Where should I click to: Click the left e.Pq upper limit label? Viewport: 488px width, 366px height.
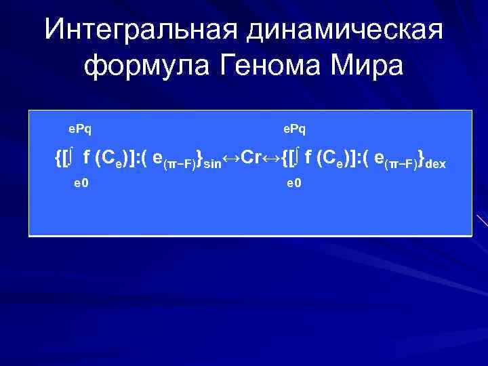point(81,127)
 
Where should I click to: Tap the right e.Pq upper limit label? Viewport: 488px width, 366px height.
point(294,127)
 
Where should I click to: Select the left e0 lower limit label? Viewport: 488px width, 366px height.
point(82,183)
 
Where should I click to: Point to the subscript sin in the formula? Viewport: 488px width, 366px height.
point(213,163)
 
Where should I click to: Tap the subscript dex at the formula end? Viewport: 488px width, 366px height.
point(436,163)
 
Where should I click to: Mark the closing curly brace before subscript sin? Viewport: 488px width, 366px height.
point(200,159)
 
